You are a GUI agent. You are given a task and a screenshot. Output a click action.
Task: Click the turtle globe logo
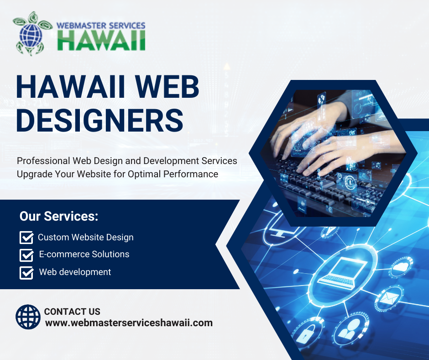[32, 33]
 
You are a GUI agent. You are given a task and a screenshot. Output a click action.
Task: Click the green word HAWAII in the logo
[101, 40]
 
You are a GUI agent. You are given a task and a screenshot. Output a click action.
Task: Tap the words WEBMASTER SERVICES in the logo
[101, 26]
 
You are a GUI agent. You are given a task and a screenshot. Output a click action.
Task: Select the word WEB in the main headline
[167, 87]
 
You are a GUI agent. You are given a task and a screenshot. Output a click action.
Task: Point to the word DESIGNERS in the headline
[99, 120]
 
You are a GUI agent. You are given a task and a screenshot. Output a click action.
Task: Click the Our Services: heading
[59, 216]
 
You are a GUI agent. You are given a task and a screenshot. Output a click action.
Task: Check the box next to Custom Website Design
[26, 237]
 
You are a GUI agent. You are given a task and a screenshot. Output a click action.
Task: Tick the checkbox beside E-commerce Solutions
[26, 255]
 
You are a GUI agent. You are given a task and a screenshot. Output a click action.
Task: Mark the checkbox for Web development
[26, 273]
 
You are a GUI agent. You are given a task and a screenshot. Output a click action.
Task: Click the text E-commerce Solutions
[84, 254]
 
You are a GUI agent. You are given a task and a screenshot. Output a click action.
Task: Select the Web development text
[75, 272]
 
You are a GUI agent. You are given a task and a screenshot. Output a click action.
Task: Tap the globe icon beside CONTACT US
[28, 317]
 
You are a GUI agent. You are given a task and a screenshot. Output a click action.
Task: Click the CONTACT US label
[72, 312]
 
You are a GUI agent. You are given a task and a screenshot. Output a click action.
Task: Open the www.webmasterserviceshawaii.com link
[129, 323]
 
